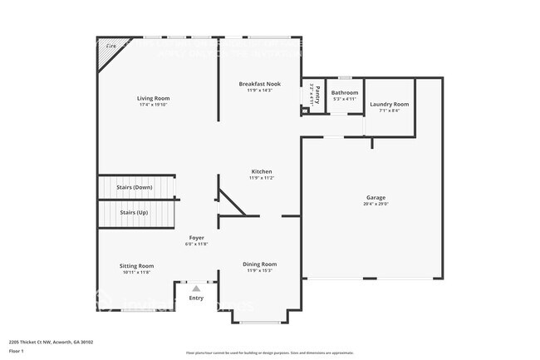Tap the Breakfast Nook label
pos(260,84)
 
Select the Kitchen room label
pos(261,171)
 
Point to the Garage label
pos(376,197)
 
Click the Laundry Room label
pos(389,104)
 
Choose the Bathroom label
pos(345,92)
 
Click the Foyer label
pos(196,237)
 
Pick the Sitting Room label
pos(138,266)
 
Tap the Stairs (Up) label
pos(136,213)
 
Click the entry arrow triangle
pos(196,288)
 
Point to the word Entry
pos(196,298)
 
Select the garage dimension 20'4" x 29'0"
pos(376,204)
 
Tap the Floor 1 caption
pos(17,352)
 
